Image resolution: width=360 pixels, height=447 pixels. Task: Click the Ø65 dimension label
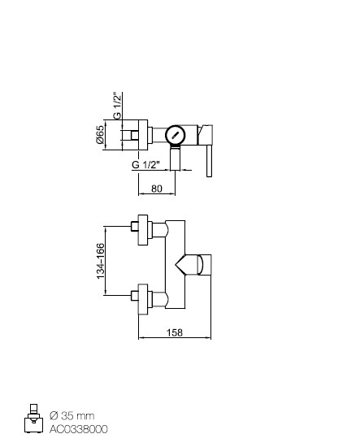click(100, 135)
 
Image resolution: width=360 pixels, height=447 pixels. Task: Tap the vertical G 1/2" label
click(117, 106)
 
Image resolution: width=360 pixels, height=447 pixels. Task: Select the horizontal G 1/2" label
click(145, 165)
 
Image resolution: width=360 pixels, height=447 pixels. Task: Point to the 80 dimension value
click(157, 189)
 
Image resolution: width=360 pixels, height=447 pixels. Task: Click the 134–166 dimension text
click(100, 261)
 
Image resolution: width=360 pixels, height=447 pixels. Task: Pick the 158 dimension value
click(175, 332)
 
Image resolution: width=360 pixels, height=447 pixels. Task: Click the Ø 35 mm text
click(72, 415)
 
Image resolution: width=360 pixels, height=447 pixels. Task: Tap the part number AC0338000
click(78, 429)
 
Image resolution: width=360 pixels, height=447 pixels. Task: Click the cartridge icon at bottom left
click(33, 419)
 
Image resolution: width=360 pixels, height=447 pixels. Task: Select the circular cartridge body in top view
click(176, 136)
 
